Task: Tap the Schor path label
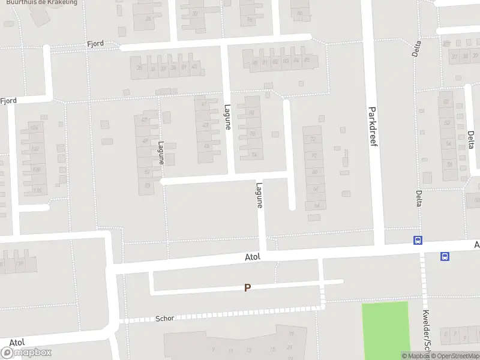(164, 318)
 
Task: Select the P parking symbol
(247, 288)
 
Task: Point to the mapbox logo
(26, 352)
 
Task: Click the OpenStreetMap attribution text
(454, 356)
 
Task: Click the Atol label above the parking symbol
(253, 257)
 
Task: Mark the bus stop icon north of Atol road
(418, 240)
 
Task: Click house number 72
(313, 139)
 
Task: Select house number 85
(307, 61)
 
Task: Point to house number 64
(316, 205)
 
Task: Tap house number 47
(145, 120)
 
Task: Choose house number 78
(252, 134)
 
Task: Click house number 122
(35, 149)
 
